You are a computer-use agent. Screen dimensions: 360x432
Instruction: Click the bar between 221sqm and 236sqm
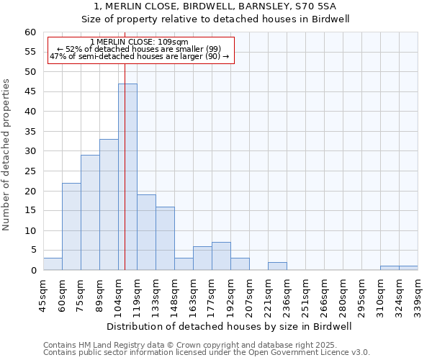click(x=277, y=266)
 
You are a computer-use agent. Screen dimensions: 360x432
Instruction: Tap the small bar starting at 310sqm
click(x=390, y=269)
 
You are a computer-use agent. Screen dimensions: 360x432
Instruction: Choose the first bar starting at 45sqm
click(x=53, y=264)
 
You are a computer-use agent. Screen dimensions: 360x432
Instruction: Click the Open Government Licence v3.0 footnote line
click(x=207, y=352)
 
